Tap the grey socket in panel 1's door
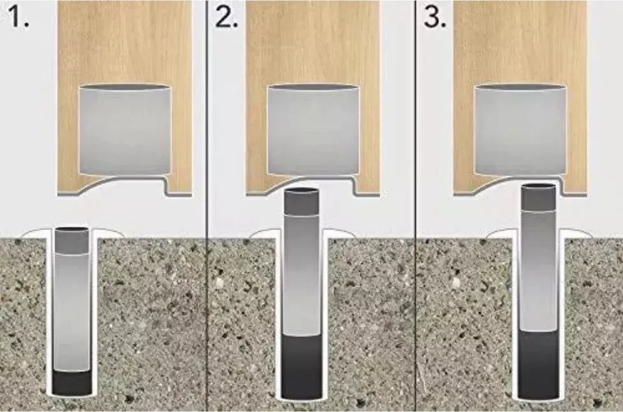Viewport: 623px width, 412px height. [125, 130]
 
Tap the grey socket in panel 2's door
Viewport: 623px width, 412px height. [313, 130]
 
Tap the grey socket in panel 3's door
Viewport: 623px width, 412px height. [520, 130]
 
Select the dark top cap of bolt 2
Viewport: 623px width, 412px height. [302, 201]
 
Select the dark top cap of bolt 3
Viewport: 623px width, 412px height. [539, 197]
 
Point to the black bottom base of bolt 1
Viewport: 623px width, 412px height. [71, 383]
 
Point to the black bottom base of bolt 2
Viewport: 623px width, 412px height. [302, 367]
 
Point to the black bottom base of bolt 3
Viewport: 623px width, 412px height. [539, 363]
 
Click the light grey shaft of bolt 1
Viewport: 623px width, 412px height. [71, 311]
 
